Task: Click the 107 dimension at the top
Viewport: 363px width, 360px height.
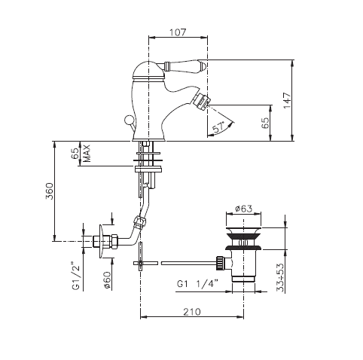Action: pyautogui.click(x=178, y=32)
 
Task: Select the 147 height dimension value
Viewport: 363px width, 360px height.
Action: pyautogui.click(x=287, y=100)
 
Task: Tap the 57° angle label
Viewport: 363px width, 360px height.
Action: pyautogui.click(x=219, y=127)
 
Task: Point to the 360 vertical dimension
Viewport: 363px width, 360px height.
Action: pyautogui.click(x=49, y=191)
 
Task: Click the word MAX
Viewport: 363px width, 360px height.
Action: pyautogui.click(x=87, y=153)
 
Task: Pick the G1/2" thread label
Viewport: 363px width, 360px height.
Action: pyautogui.click(x=76, y=276)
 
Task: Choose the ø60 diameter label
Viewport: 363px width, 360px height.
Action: pyautogui.click(x=107, y=280)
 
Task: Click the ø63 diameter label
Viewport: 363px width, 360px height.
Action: pyautogui.click(x=243, y=209)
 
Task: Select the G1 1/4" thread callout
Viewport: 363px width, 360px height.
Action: pyautogui.click(x=197, y=284)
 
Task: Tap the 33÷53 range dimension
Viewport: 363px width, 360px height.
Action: pyautogui.click(x=280, y=277)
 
